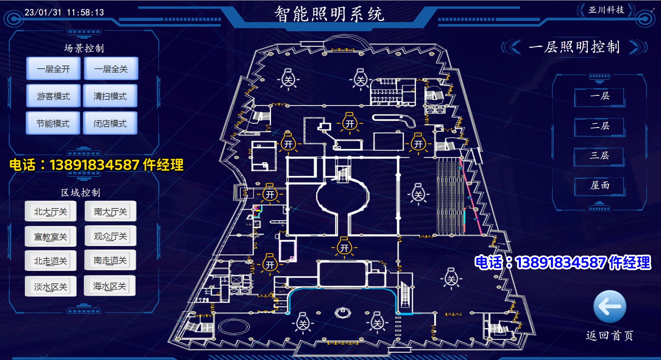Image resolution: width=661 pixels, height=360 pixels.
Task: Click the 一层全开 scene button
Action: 53,69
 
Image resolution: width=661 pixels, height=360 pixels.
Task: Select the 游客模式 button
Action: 53,96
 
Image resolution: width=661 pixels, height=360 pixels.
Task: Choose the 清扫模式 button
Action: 110,96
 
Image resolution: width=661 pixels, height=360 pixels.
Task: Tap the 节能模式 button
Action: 53,123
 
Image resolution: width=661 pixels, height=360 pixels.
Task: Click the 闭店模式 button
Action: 110,123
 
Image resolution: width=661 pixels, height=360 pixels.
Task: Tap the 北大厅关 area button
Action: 51,211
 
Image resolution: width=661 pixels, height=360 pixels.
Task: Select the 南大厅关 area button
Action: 110,211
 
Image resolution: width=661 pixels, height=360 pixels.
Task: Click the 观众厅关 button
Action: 110,236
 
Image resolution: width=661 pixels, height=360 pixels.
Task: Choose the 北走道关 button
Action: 51,261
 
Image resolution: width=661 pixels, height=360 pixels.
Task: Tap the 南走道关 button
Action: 110,260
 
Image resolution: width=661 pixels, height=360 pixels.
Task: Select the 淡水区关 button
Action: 51,286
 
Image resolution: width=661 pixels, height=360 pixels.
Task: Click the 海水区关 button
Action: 110,286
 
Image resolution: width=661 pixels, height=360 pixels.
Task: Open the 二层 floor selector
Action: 600,126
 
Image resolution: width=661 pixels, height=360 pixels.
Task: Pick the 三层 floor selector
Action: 600,156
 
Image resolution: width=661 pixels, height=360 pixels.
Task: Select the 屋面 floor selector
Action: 600,186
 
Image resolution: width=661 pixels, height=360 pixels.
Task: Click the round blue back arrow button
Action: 610,307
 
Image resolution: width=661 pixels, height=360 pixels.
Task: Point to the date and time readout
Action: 64,12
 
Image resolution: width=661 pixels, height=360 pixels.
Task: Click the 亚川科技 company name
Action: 606,10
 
